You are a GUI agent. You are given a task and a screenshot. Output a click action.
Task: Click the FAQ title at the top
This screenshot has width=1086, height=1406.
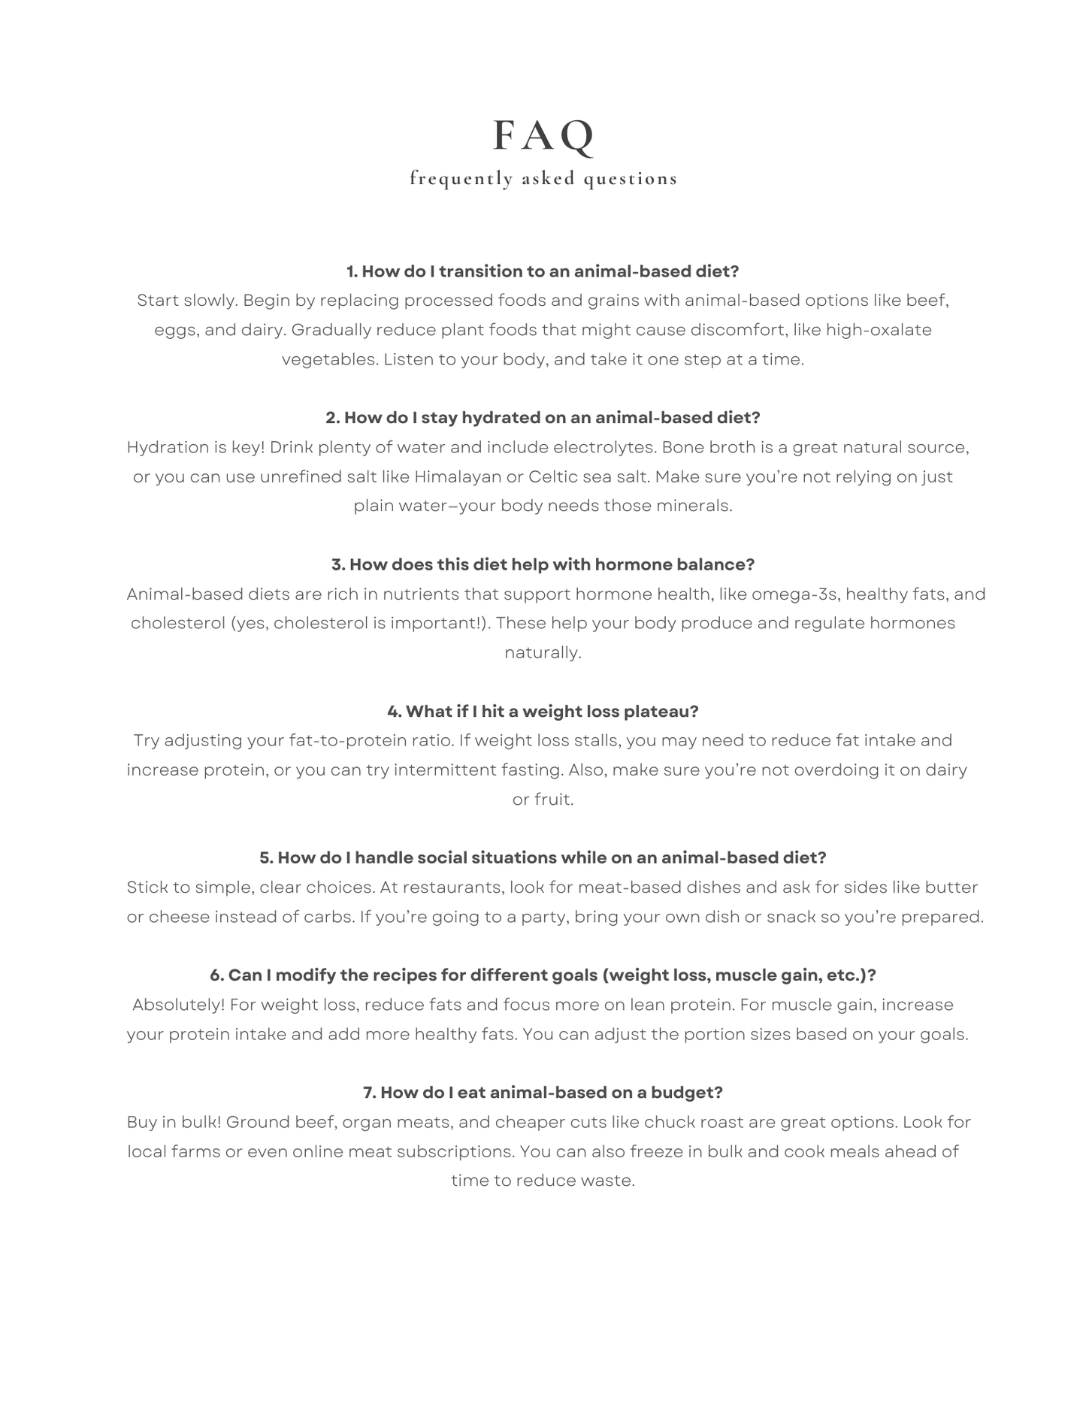(543, 136)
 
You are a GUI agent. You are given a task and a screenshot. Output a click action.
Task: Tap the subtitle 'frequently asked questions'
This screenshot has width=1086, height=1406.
(543, 179)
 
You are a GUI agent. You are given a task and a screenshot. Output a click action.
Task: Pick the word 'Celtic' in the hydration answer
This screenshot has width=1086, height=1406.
(553, 476)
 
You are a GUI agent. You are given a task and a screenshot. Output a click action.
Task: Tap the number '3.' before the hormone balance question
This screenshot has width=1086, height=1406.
(338, 564)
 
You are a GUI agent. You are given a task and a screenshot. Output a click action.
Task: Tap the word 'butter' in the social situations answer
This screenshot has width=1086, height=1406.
(951, 887)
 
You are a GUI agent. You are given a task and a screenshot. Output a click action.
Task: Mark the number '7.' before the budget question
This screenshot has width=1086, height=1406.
(370, 1093)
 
